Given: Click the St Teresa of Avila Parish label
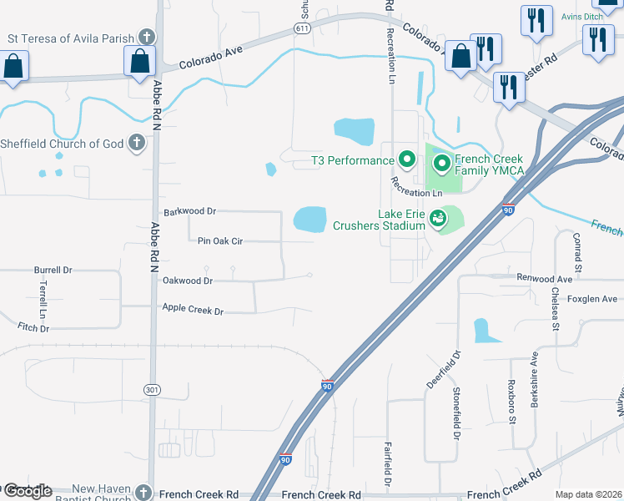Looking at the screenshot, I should pos(70,38).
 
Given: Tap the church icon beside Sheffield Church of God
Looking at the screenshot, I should pos(138,144).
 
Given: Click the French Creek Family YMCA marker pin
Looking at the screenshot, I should pos(441,162).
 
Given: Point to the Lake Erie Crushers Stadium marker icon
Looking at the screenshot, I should pos(438,219).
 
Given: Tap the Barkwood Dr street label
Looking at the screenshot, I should pos(190,212).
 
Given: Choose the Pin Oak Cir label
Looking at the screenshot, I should pos(220,241).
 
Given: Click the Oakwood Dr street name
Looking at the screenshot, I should pos(191,281).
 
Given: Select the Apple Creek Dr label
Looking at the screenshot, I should pos(194,311).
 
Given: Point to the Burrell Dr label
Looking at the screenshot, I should pos(53,271).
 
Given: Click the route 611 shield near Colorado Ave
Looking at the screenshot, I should pos(303,28).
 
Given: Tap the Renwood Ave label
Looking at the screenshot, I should pos(545,278).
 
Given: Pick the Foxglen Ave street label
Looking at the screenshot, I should pos(591,298).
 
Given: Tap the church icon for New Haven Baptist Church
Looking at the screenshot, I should pos(144,493).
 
